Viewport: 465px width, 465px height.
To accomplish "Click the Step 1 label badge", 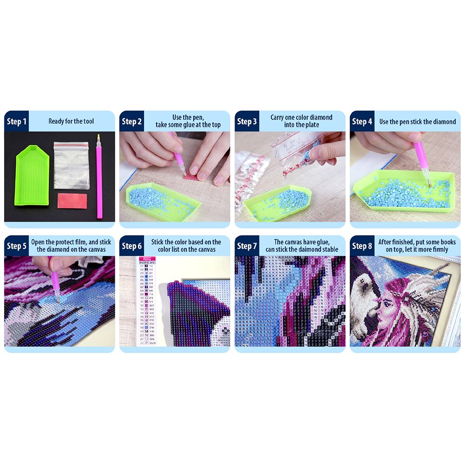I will point(16,122).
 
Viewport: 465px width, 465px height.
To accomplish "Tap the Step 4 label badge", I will point(362,122).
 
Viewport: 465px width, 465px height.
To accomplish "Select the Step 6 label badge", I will point(131,246).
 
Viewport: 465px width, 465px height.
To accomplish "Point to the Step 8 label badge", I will point(362,246).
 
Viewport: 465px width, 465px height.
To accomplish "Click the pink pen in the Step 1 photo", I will point(99,177).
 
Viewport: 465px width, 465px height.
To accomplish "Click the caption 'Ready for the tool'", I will point(71,122).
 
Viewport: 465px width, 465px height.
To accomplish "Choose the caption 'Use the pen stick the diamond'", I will point(418,122).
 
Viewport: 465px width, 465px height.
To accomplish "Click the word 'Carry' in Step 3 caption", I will point(279,118).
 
